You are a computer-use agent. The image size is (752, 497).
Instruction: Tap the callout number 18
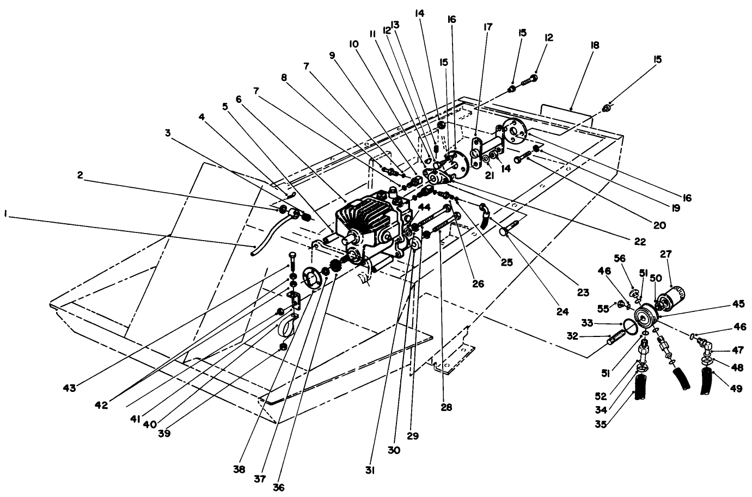click(x=593, y=45)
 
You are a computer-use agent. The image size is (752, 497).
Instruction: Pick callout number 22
click(x=639, y=242)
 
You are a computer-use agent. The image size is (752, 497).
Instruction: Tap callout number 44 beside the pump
click(x=425, y=207)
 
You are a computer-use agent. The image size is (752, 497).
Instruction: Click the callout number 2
click(x=80, y=175)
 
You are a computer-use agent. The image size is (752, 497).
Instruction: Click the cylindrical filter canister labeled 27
click(x=674, y=298)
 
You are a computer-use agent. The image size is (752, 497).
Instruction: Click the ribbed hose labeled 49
click(x=706, y=380)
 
